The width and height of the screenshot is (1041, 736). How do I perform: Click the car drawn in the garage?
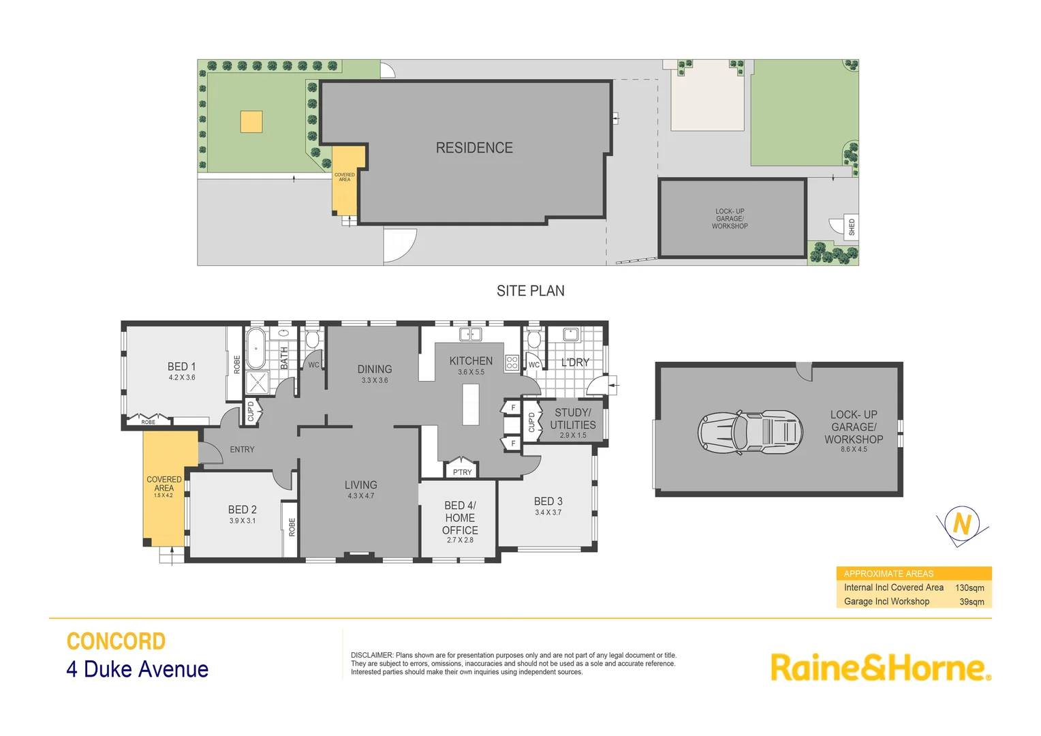click(749, 431)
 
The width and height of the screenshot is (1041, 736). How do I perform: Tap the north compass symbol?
click(961, 524)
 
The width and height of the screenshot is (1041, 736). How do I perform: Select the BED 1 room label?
click(181, 367)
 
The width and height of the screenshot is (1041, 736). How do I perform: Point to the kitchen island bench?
click(471, 405)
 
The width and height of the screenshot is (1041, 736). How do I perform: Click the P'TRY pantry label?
click(462, 472)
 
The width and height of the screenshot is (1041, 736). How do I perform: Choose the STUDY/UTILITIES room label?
click(573, 418)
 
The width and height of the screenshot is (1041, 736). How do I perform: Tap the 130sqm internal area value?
click(969, 587)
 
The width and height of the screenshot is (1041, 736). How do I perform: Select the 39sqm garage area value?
click(972, 602)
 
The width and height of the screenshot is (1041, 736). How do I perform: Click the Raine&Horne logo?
click(880, 667)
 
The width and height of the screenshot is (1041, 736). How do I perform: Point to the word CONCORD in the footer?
click(116, 641)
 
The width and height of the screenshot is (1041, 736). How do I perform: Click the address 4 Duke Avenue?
click(137, 669)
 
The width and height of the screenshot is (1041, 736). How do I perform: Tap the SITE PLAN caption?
click(530, 291)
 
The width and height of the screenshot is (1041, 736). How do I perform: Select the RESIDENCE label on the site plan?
click(474, 148)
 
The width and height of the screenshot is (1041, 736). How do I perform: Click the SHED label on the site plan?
click(852, 227)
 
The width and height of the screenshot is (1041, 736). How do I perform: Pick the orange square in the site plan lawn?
click(251, 122)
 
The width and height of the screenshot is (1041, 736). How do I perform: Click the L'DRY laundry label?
click(575, 363)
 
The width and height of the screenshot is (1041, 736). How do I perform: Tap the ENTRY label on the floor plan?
click(242, 450)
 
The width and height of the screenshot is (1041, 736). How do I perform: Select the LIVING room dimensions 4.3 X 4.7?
click(360, 496)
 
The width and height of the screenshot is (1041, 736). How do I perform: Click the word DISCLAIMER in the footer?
click(371, 655)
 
